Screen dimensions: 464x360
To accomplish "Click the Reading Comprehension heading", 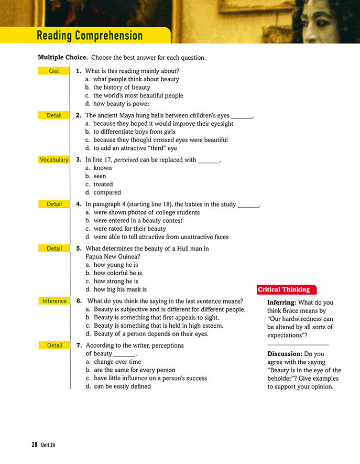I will (90, 36).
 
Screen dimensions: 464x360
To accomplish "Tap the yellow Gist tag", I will (54, 71).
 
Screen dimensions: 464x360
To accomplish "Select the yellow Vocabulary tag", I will (54, 160).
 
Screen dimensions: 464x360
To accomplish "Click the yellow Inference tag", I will (54, 301).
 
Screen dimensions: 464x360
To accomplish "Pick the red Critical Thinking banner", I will (283, 289).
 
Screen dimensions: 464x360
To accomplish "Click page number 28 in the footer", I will (34, 445).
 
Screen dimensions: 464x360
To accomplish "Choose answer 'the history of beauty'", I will (122, 88).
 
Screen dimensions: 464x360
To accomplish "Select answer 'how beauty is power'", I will (121, 104).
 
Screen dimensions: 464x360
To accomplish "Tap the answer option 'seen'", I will (100, 176).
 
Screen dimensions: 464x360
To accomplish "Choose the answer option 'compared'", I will (107, 192).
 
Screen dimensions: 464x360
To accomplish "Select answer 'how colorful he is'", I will (117, 273).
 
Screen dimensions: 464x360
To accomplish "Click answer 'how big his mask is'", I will (120, 289).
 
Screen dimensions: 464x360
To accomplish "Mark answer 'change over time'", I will (117, 362).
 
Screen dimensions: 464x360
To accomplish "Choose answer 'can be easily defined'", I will (122, 386).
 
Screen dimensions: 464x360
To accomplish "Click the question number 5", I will (79, 249).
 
